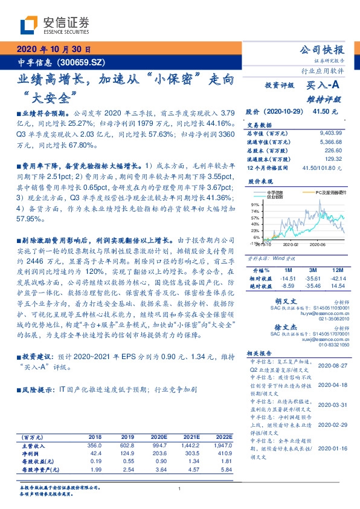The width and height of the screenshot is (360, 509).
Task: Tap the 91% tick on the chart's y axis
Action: point(254,206)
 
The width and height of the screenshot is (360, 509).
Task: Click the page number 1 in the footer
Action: point(180,488)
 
